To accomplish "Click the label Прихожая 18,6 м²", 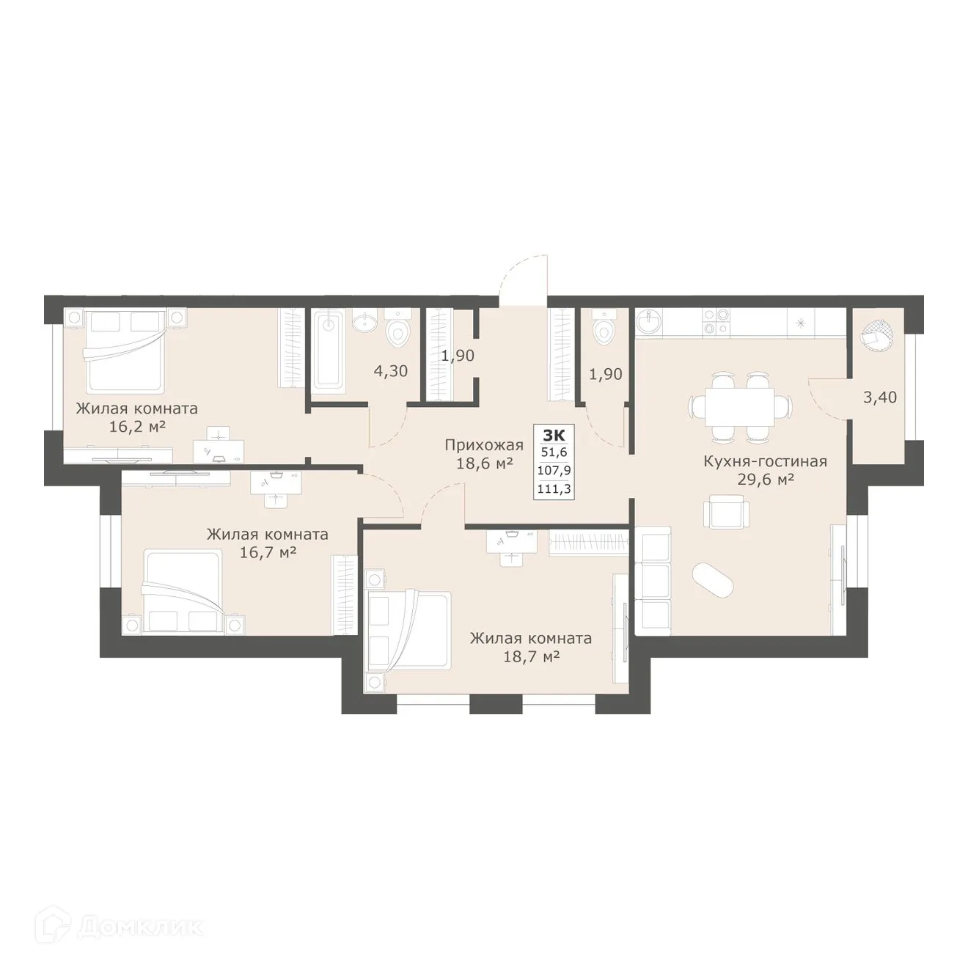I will tap(483, 454).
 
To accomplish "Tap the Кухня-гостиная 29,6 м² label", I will tap(765, 470).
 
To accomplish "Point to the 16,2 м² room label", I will tap(136, 417).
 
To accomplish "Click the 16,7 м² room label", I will tap(267, 543).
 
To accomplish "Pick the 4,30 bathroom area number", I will tap(390, 372).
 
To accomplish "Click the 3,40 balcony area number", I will tap(880, 398).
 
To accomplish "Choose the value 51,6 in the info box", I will tap(554, 453).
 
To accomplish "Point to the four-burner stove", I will tap(716, 321).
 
